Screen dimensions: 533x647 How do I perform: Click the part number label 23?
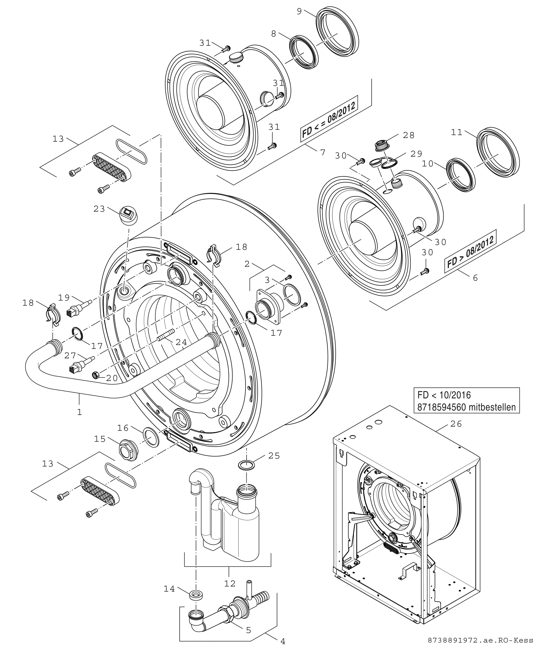point(99,209)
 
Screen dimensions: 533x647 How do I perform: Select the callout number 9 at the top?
point(299,11)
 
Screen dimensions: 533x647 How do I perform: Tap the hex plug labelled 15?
point(127,450)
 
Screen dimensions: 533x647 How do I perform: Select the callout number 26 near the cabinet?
point(456,424)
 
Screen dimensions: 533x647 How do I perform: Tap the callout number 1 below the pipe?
point(80,412)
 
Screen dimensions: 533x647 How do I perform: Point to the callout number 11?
point(457,132)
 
